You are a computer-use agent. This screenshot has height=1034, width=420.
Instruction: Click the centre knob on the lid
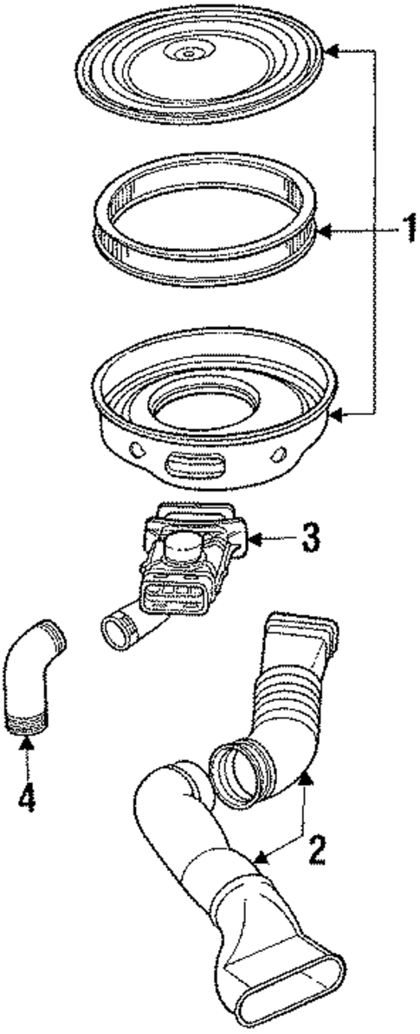pos(185,54)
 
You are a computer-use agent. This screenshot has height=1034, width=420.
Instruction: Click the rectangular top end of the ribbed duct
pos(300,629)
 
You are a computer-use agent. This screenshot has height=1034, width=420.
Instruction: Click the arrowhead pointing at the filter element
pos(322,231)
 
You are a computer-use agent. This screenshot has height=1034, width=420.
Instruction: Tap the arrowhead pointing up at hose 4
pos(28,743)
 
